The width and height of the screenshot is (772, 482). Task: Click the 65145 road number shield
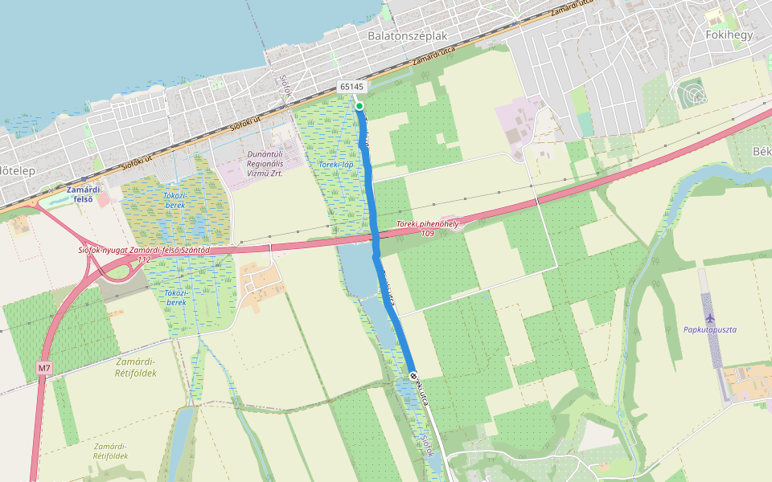[351, 87]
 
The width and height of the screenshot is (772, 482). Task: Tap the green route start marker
[359, 106]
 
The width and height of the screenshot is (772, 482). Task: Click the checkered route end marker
[413, 376]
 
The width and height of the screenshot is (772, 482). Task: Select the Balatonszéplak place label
[407, 36]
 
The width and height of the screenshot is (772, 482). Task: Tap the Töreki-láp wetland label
[336, 164]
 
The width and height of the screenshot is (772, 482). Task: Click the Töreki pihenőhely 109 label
[428, 229]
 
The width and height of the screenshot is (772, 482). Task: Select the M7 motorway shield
[44, 368]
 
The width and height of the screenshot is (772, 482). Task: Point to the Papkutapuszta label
[710, 329]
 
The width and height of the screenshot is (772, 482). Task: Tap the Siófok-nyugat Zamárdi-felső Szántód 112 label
[143, 255]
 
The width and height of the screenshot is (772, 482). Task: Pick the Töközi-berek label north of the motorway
[175, 200]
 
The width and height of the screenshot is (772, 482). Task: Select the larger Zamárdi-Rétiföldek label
[129, 367]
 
